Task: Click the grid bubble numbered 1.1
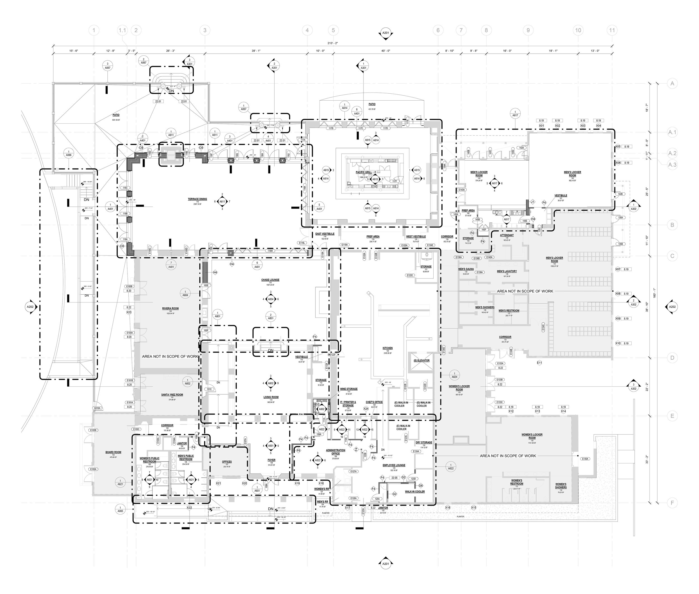click(122, 30)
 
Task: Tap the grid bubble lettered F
click(672, 503)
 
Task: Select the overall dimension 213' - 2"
click(333, 43)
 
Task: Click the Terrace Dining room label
click(197, 199)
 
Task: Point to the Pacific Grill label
click(364, 172)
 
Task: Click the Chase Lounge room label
click(270, 280)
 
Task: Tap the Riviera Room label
click(171, 308)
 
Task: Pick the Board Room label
click(113, 452)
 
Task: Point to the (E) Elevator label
click(421, 360)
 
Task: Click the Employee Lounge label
click(394, 465)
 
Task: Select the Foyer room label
click(271, 460)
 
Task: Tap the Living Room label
click(271, 397)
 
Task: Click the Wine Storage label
click(349, 389)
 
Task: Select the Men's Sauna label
click(466, 269)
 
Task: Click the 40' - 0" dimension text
click(386, 51)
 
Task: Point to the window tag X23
click(129, 313)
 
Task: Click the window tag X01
click(541, 126)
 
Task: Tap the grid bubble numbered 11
click(612, 30)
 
